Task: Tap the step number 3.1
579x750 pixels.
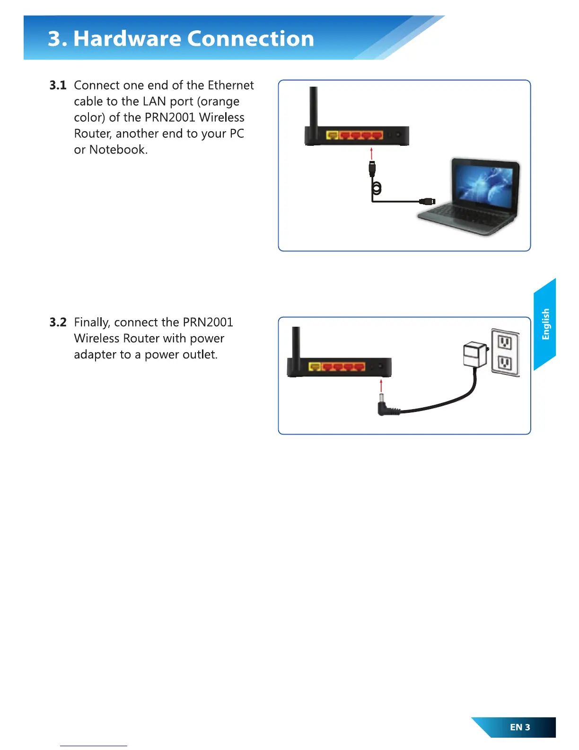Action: click(58, 85)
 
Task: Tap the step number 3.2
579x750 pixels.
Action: click(58, 322)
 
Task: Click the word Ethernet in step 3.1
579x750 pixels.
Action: click(231, 85)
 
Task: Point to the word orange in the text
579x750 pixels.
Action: click(220, 101)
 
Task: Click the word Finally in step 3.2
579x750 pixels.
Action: click(92, 322)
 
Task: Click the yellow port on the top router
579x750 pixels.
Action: click(332, 136)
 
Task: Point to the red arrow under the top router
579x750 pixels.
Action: click(372, 153)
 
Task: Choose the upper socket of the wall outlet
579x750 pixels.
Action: click(505, 342)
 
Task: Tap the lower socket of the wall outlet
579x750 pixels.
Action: click(505, 363)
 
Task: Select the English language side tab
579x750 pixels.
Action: click(545, 324)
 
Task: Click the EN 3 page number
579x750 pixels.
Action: click(520, 727)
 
